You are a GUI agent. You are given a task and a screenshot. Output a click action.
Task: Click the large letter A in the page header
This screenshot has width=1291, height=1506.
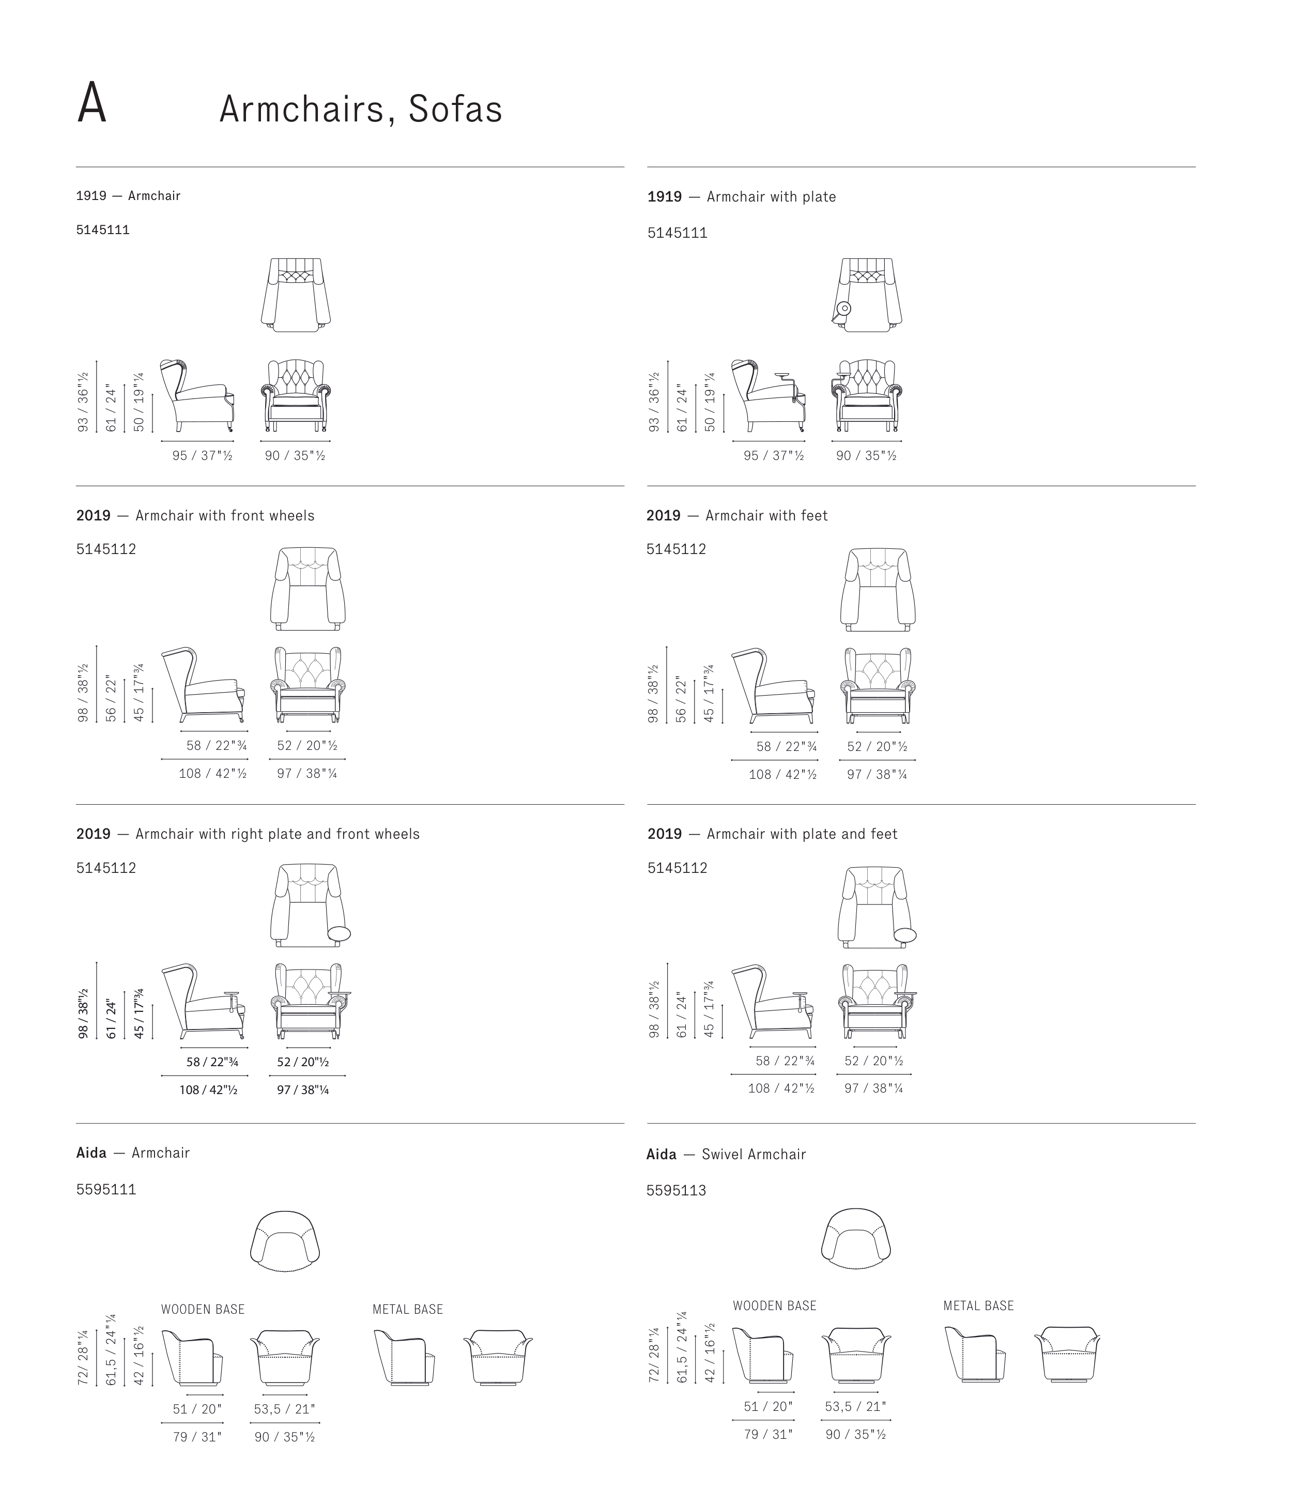(x=91, y=103)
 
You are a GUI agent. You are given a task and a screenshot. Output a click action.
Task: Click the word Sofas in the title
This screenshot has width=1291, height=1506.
(x=455, y=109)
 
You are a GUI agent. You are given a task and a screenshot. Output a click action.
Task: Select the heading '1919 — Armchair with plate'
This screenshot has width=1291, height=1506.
(x=742, y=197)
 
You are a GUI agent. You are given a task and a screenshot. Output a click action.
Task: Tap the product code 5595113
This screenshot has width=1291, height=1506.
(x=676, y=1191)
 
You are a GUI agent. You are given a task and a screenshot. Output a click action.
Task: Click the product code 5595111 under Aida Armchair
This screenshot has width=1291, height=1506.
(x=106, y=1190)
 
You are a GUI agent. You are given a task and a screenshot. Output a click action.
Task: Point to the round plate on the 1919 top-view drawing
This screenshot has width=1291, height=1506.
(x=843, y=308)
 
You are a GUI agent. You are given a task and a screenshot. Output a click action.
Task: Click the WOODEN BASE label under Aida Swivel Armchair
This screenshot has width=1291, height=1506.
(x=774, y=1306)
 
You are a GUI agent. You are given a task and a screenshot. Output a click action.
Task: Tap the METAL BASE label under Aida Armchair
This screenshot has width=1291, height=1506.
(x=407, y=1310)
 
